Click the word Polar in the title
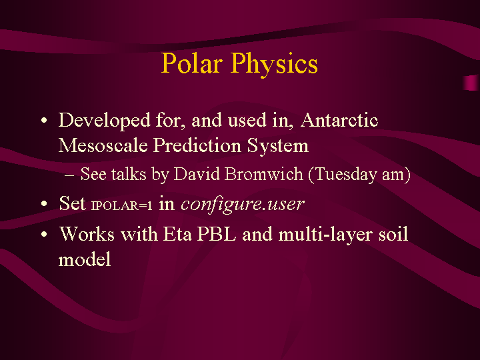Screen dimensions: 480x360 coord(191,63)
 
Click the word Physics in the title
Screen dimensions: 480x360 coord(274,64)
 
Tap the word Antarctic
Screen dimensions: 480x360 coord(339,120)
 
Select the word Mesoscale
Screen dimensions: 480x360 coord(103,145)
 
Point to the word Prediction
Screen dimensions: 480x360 coord(197,145)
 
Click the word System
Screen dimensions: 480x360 coord(277,145)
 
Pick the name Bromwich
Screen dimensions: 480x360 coord(263,174)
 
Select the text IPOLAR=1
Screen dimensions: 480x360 coord(121,206)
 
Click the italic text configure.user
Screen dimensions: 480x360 coord(243,204)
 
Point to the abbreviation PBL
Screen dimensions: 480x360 coord(217,234)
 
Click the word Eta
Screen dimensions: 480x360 coord(177,234)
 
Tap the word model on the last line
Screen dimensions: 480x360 coord(85,259)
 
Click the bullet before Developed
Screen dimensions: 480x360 coord(44,120)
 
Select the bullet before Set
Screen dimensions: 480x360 coord(44,203)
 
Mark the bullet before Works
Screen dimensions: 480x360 coord(44,235)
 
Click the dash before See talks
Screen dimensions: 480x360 coord(69,175)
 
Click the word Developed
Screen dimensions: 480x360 coord(105,120)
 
